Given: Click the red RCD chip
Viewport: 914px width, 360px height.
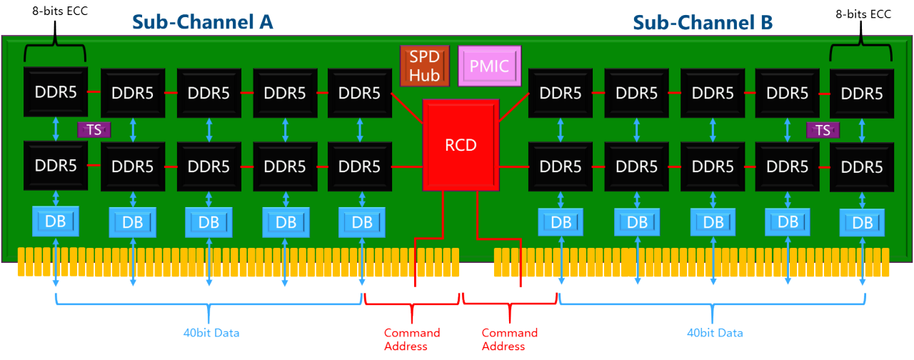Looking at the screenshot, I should pyautogui.click(x=461, y=144).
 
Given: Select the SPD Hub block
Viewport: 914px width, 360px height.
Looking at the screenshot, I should pyautogui.click(x=424, y=66).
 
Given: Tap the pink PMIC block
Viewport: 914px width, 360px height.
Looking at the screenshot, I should pyautogui.click(x=489, y=66).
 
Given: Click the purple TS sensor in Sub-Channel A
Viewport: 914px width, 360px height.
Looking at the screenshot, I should pyautogui.click(x=94, y=129).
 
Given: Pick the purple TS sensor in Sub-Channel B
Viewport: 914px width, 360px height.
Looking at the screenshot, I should pyautogui.click(x=823, y=129).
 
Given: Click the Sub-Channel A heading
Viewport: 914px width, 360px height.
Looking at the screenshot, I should pyautogui.click(x=202, y=22).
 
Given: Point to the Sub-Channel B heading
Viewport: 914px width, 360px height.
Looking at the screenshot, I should pyautogui.click(x=703, y=23).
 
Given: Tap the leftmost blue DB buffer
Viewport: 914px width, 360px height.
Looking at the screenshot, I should pyautogui.click(x=55, y=221).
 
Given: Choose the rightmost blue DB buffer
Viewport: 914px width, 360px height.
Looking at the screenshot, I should pyautogui.click(x=863, y=222).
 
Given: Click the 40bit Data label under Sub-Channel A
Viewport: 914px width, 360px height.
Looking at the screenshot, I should pyautogui.click(x=211, y=333).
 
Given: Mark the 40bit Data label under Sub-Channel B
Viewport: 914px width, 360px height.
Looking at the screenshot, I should pyautogui.click(x=714, y=333).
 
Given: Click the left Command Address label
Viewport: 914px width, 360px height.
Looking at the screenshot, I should pyautogui.click(x=412, y=339).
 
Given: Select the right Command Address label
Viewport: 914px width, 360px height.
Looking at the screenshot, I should pyautogui.click(x=509, y=339).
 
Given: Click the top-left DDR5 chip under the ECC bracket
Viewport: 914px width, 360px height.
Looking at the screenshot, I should pyautogui.click(x=55, y=92).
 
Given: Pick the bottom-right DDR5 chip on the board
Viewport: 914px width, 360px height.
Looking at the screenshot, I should pyautogui.click(x=861, y=167).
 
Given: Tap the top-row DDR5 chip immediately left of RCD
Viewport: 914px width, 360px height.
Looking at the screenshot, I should pyautogui.click(x=359, y=93).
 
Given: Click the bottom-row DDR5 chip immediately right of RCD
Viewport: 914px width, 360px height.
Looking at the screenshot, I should pyautogui.click(x=561, y=166).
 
